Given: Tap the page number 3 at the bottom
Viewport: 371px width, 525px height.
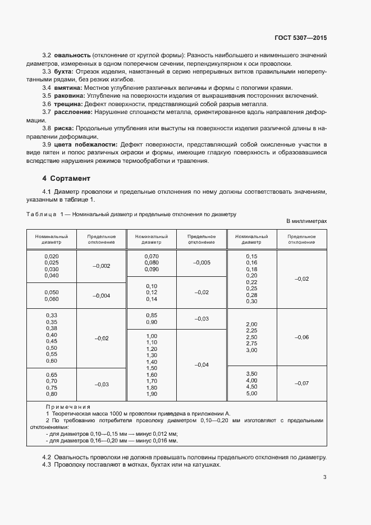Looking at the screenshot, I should [x=324, y=477].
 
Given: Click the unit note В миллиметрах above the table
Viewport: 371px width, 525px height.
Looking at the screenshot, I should [x=306, y=222].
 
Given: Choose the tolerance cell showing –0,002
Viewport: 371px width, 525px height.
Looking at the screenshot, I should [x=102, y=266].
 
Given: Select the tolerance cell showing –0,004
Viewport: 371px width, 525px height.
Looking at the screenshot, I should [x=102, y=296].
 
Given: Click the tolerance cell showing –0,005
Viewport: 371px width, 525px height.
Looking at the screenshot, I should [x=201, y=263].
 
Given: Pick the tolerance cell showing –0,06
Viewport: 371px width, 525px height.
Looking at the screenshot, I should [x=301, y=337].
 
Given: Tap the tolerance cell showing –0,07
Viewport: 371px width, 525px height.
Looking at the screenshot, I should [x=301, y=383].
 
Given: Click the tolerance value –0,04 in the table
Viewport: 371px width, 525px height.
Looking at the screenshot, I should [x=201, y=364].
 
